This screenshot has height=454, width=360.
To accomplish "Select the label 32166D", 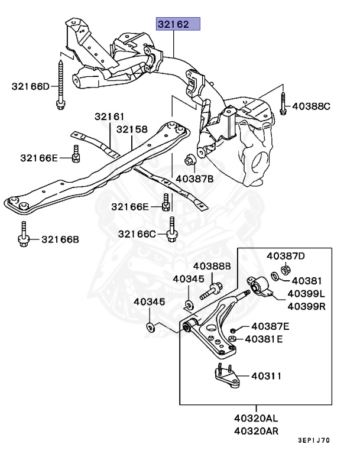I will point(31,86).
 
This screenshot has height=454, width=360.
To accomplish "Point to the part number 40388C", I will point(312,106).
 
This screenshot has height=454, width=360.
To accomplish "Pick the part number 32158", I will point(132,129).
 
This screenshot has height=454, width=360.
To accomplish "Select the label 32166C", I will point(137,234).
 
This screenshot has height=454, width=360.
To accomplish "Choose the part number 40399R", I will point(307,306).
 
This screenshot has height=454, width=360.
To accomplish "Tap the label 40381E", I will point(264,339).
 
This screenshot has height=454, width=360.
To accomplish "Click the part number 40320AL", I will point(256,418).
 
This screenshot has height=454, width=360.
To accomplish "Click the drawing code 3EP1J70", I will point(314,440).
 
